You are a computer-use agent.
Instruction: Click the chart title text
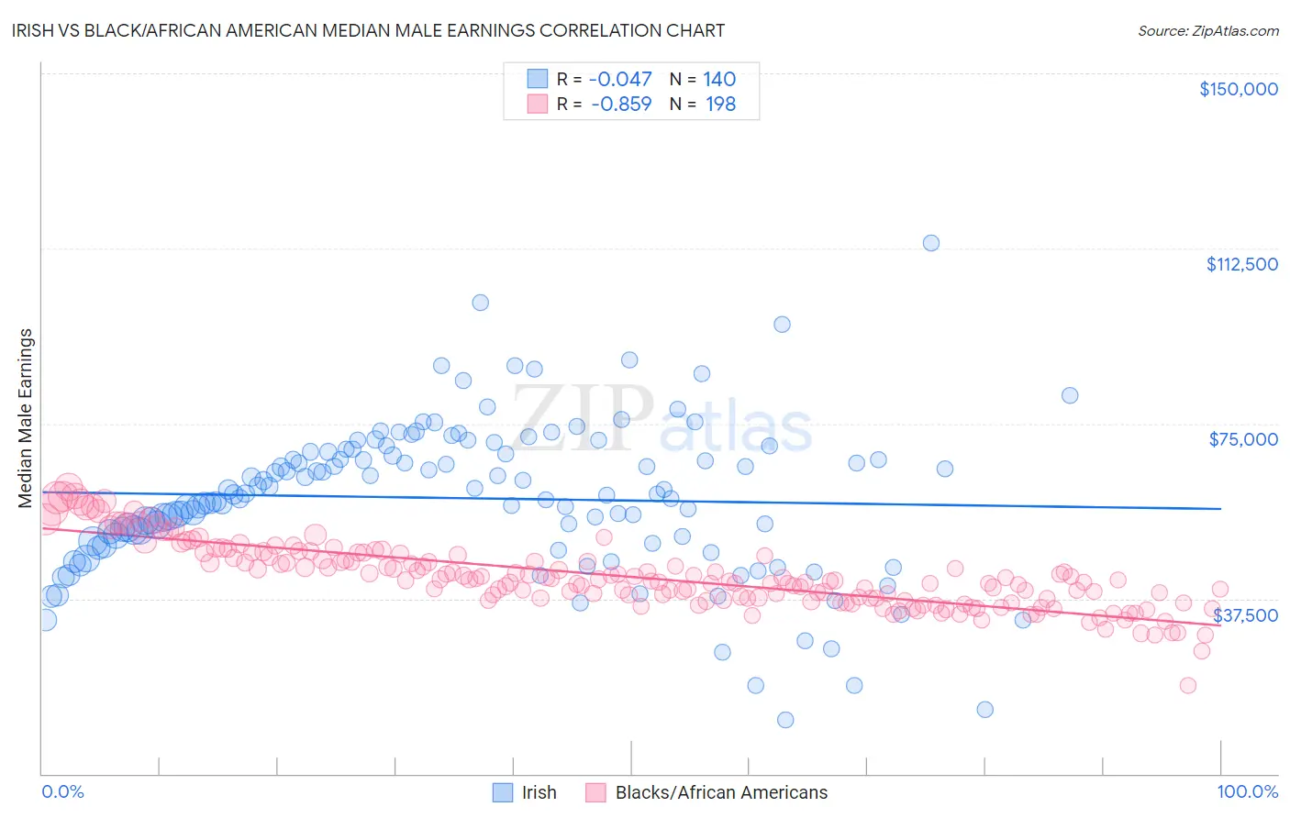[x=369, y=30]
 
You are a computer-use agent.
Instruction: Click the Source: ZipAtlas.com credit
[x=1207, y=30]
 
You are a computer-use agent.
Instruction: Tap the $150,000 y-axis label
[x=1238, y=89]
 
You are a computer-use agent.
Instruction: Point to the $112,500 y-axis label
[x=1241, y=264]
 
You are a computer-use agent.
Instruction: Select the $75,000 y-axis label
[x=1242, y=439]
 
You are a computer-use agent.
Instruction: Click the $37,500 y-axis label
[x=1245, y=615]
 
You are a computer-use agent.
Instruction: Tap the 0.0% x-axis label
[x=62, y=791]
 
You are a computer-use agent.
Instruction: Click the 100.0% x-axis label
[x=1247, y=791]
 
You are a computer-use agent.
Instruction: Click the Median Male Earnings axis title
[x=26, y=418]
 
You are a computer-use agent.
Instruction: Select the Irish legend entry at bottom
[x=539, y=792]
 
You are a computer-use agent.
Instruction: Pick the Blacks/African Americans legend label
[x=721, y=792]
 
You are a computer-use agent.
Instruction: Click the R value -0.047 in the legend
[x=620, y=80]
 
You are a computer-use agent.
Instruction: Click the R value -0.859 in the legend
[x=620, y=105]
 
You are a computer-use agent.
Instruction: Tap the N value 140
[x=719, y=80]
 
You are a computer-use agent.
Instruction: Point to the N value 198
[x=719, y=105]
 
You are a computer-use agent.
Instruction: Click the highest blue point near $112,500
[x=930, y=243]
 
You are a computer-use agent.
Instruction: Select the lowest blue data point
[x=785, y=720]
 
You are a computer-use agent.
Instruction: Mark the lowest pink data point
[x=1187, y=685]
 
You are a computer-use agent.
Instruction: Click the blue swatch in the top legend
[x=537, y=79]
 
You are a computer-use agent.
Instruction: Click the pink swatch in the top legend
[x=537, y=104]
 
